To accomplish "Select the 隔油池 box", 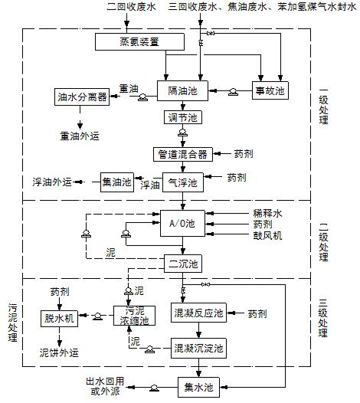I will pos(182,90).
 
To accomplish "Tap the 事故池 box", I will pos(269,90).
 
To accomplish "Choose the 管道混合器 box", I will pos(182,153).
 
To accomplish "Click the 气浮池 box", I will pos(182,182).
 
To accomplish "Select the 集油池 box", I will pos(117,182).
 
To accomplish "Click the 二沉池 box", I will pos(182,264).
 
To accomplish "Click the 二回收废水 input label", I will pos(128,7).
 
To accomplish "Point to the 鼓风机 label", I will pos(267,237).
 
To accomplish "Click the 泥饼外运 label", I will pos(59,352).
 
